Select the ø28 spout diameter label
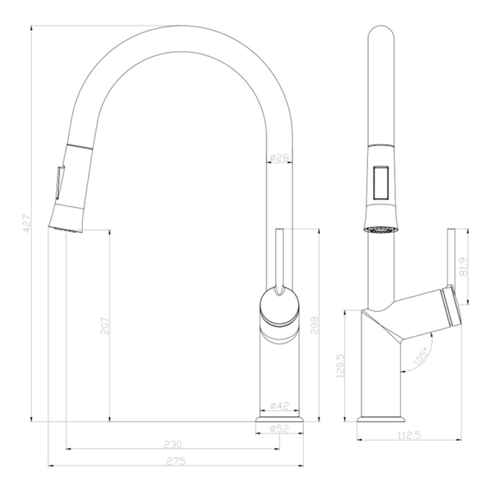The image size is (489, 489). click(x=279, y=158)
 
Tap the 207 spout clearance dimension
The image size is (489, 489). click(x=106, y=326)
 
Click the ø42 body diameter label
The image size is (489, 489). click(x=279, y=406)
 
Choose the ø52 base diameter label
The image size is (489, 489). click(x=279, y=428)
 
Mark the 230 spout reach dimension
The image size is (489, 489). click(x=172, y=444)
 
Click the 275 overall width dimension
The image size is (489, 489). click(x=176, y=461)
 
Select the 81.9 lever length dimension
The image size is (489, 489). click(x=464, y=266)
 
